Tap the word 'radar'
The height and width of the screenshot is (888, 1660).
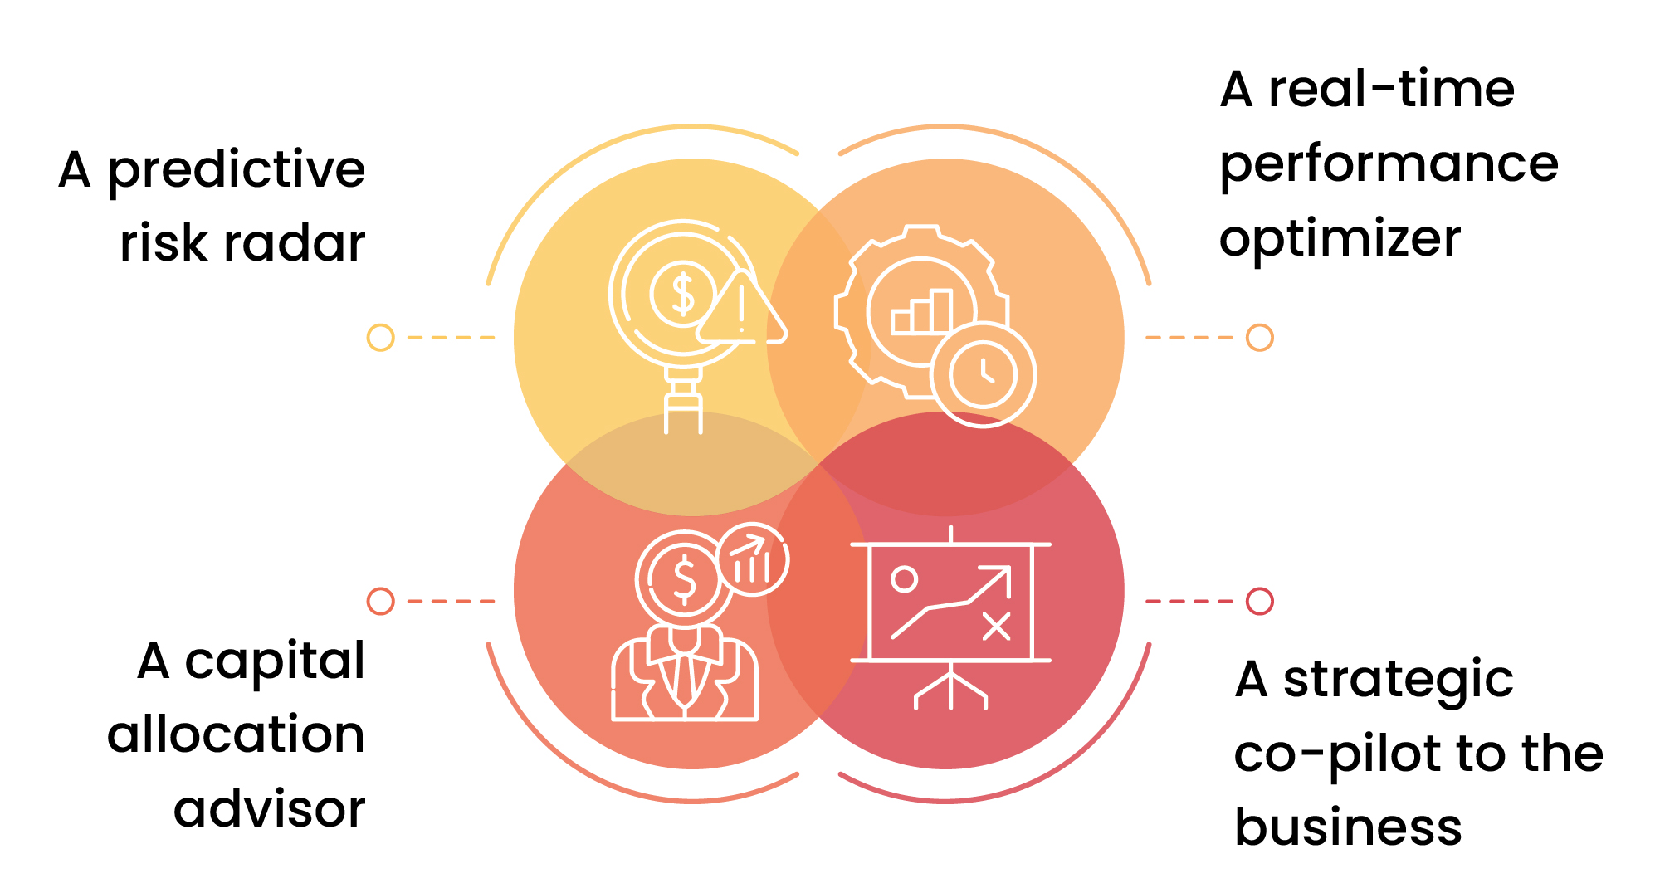[x=295, y=243]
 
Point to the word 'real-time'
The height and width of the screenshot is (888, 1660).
[x=1392, y=90]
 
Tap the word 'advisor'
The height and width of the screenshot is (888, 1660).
[x=269, y=808]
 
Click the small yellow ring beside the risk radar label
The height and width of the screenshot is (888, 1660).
[x=380, y=338]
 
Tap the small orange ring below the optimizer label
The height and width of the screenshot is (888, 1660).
[x=1260, y=338]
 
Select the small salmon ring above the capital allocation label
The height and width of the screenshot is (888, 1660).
[x=380, y=601]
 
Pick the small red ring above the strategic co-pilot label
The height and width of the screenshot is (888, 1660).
[x=1260, y=601]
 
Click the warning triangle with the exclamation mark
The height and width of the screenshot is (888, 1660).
[x=741, y=309]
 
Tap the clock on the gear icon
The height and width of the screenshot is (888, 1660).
[x=984, y=374]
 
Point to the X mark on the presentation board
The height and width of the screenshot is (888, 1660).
[x=996, y=627]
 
